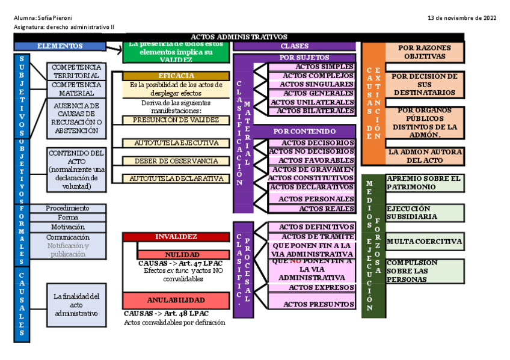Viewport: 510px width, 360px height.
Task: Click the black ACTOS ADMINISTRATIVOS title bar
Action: point(239,37)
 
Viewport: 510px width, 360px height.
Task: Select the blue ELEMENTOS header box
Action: point(60,46)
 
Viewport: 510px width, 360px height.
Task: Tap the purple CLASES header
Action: point(295,46)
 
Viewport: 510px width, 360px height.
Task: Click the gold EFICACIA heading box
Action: point(176,76)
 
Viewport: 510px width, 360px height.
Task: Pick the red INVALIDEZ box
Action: point(176,237)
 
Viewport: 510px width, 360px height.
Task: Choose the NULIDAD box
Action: point(183,255)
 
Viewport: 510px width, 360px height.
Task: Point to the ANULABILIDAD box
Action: point(176,300)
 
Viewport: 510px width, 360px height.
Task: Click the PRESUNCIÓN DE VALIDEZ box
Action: point(176,120)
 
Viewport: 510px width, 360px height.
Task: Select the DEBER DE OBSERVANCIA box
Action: point(176,161)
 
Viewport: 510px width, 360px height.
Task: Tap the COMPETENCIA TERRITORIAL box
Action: point(76,72)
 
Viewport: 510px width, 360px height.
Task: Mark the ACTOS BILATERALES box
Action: point(312,111)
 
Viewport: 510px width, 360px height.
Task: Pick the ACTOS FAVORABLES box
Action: point(312,160)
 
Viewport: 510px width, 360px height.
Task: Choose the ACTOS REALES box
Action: point(312,209)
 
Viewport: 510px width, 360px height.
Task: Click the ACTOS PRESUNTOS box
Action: point(312,304)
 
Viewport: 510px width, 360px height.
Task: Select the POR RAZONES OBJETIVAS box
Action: point(425,52)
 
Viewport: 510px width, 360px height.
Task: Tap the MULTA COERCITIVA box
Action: point(425,242)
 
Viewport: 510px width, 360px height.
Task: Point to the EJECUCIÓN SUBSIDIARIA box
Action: point(425,212)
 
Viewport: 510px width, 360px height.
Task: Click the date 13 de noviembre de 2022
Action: point(461,18)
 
